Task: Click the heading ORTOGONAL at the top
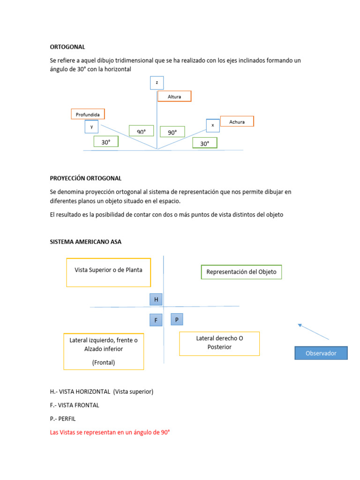(67, 47)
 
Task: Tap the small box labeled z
(157, 83)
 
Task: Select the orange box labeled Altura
(174, 96)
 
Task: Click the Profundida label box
(88, 114)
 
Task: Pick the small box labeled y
(91, 127)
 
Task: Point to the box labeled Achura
(237, 121)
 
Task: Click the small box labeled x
(213, 125)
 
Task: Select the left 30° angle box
(106, 142)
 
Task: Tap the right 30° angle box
(205, 143)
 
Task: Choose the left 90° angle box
(142, 131)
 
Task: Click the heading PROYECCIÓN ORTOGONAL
(86, 178)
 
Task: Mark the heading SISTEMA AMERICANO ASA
(86, 241)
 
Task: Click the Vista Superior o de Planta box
(108, 272)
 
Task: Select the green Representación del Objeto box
(241, 272)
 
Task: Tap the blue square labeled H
(156, 300)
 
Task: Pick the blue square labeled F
(156, 321)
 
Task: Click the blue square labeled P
(177, 320)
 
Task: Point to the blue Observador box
(321, 353)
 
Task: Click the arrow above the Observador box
(314, 331)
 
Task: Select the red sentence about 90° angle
(110, 433)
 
